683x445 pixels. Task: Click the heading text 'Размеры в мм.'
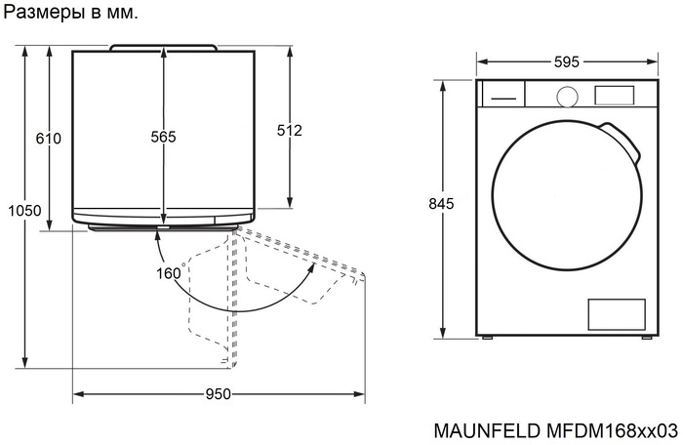pyautogui.click(x=71, y=15)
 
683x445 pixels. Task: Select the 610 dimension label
pyautogui.click(x=49, y=139)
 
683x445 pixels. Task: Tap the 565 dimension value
pyautogui.click(x=163, y=138)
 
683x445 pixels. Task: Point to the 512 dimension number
pyautogui.click(x=290, y=130)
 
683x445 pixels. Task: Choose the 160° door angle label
pyautogui.click(x=170, y=273)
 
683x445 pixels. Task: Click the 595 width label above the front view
pyautogui.click(x=566, y=62)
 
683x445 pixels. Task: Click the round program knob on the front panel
pyautogui.click(x=566, y=96)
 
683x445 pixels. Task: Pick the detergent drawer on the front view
pyautogui.click(x=502, y=95)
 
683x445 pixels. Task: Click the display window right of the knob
pyautogui.click(x=613, y=95)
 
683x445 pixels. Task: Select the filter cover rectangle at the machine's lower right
pyautogui.click(x=616, y=314)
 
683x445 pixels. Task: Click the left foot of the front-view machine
pyautogui.click(x=488, y=337)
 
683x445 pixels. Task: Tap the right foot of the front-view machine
pyautogui.click(x=645, y=337)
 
